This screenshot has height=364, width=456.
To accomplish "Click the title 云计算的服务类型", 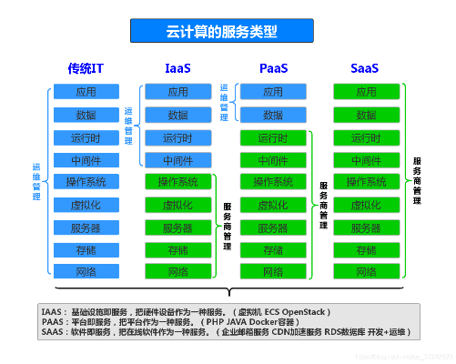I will [x=228, y=30].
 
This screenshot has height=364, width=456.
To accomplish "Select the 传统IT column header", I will [x=86, y=68].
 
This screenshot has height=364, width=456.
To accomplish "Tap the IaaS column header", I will [x=178, y=68].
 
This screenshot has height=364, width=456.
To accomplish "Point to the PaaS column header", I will [x=273, y=68].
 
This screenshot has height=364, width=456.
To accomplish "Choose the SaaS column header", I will [x=365, y=68].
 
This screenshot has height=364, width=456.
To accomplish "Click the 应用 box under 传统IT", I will [x=86, y=92].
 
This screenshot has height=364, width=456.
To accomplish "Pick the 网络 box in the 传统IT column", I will [x=86, y=272].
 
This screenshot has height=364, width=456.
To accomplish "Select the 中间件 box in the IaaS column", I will [x=178, y=160].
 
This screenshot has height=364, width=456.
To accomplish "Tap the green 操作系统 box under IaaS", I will [x=178, y=182].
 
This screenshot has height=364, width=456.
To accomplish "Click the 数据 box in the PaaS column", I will [x=273, y=115].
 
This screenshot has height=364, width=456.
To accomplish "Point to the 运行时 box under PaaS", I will [x=273, y=137].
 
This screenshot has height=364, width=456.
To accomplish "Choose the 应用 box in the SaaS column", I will [x=365, y=92].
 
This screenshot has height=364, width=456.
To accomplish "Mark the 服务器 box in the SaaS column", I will [x=365, y=227].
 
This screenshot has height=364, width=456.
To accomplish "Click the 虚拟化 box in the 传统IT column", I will [x=86, y=205].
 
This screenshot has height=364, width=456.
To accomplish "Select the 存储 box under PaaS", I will [x=273, y=250].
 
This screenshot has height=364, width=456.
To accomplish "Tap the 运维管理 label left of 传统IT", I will [x=36, y=182].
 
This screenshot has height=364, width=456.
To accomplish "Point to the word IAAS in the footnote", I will [x=53, y=312].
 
